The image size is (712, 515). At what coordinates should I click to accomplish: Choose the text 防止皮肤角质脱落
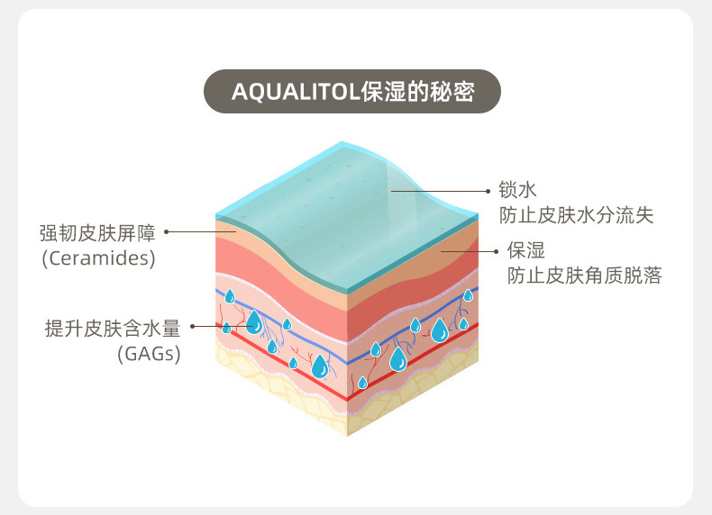click(x=585, y=275)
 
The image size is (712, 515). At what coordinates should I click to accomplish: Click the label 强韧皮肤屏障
click(x=97, y=233)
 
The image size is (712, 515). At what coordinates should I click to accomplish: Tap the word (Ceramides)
click(x=99, y=258)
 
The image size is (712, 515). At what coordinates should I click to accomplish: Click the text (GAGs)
click(x=149, y=354)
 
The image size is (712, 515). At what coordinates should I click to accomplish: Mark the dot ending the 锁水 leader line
click(x=391, y=190)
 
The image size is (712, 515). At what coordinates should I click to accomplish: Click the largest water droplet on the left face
click(x=254, y=321)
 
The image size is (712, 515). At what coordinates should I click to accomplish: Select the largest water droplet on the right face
click(x=439, y=330)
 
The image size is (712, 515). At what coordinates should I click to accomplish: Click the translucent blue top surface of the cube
click(x=351, y=194)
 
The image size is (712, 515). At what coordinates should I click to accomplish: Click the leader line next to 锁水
click(x=442, y=190)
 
